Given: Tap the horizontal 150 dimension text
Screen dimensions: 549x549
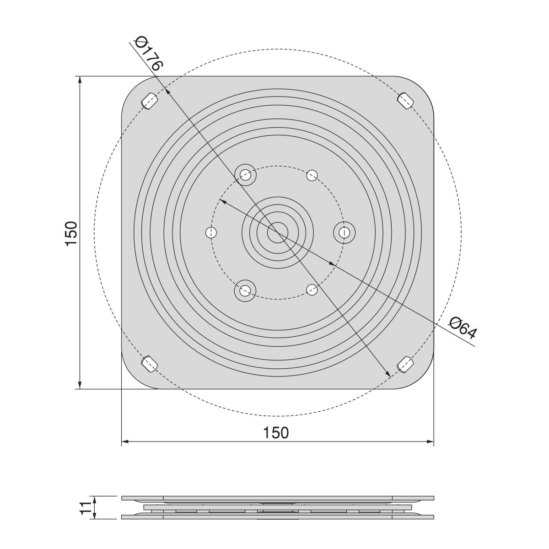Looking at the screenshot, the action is click(x=276, y=432).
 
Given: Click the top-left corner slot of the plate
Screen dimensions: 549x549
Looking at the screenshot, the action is click(x=150, y=101).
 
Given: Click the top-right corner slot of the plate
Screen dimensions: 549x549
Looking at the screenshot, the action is click(x=405, y=100).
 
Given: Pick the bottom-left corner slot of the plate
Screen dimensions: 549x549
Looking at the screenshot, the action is click(x=150, y=364).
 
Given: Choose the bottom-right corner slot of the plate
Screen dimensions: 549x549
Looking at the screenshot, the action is click(x=405, y=364).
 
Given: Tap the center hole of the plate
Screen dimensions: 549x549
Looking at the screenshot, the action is click(x=278, y=233).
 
